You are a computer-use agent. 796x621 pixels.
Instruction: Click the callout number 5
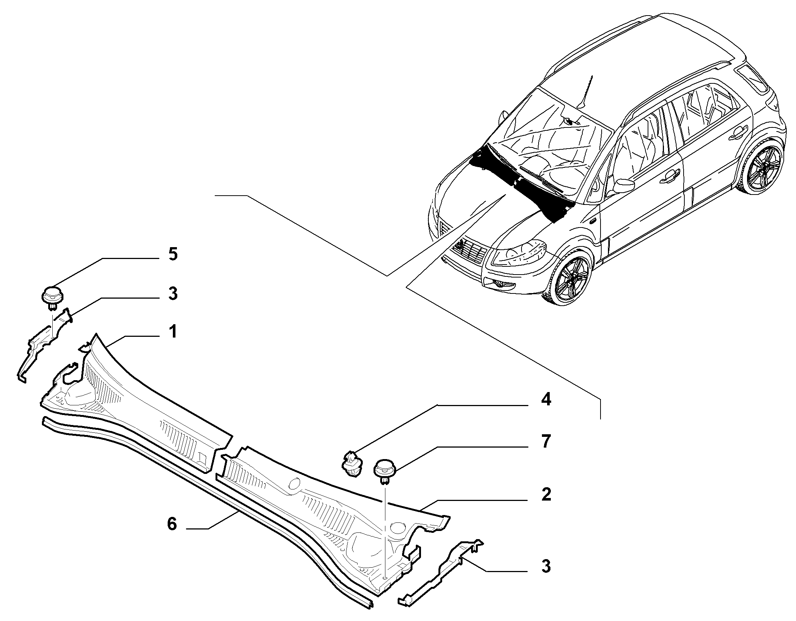coord(173,255)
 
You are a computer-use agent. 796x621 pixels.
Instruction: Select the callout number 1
coord(173,332)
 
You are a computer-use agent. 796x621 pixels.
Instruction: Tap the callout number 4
coord(546,400)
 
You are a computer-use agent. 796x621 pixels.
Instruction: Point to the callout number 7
coord(546,442)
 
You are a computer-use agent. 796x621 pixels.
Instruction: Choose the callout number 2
coord(546,495)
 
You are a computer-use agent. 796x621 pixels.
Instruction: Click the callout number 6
coord(172,524)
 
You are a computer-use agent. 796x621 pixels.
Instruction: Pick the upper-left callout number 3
coord(173,293)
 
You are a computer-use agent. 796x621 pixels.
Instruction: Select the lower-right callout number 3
coord(546,567)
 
